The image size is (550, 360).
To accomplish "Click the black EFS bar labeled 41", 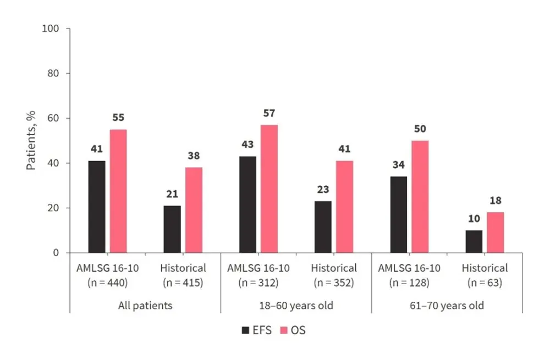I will (96, 207).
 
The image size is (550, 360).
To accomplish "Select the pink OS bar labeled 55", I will (118, 191).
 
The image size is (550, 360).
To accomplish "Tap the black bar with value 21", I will (172, 229).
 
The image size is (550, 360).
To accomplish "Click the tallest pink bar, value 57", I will (269, 189).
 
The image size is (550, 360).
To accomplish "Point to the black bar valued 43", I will (247, 204).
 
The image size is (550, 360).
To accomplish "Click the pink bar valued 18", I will (495, 232).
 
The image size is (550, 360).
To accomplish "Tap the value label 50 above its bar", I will (420, 129).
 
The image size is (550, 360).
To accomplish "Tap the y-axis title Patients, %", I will (31, 140).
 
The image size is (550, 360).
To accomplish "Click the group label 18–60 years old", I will (296, 305).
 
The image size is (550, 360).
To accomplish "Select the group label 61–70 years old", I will (447, 305).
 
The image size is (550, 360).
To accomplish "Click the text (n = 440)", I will (108, 283).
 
